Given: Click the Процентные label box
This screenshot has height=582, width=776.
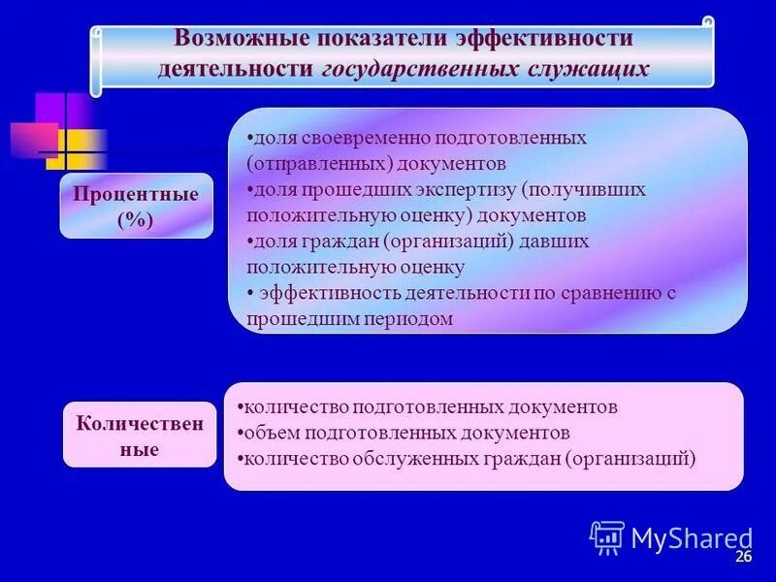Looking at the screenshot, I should pyautogui.click(x=136, y=206).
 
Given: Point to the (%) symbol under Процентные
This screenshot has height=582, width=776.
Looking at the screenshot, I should pyautogui.click(x=136, y=220).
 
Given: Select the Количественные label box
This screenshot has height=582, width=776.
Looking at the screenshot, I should pyautogui.click(x=140, y=436).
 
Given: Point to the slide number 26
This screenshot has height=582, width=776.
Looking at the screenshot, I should pyautogui.click(x=744, y=557).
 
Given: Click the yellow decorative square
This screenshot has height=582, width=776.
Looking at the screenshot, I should pyautogui.click(x=78, y=150).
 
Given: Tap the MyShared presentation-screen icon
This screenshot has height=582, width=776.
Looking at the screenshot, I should pyautogui.click(x=607, y=536).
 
